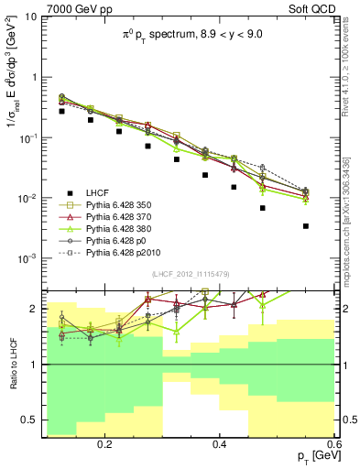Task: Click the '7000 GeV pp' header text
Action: [36, 7]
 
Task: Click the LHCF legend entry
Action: [95, 192]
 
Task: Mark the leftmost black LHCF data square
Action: [61, 111]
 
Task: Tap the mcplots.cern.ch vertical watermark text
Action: [350, 229]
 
